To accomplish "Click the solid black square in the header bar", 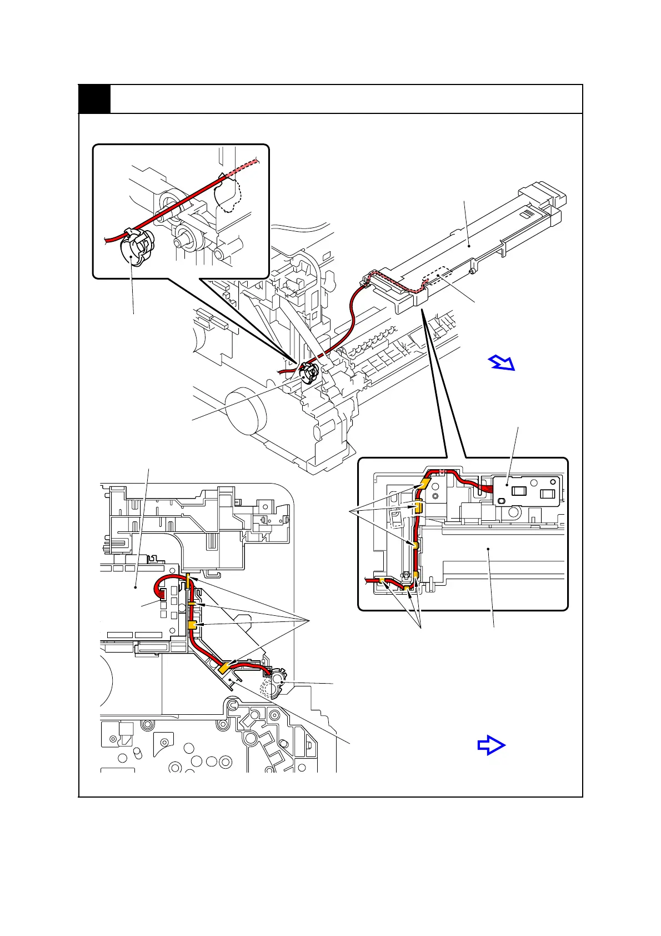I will (94, 99).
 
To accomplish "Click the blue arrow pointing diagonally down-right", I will (502, 363).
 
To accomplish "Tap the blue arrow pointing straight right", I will (492, 745).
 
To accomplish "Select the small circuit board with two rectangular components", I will (525, 492).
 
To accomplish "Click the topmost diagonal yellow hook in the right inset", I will (426, 482).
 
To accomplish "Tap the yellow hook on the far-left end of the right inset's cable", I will (382, 580).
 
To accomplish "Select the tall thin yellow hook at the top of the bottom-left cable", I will (188, 582).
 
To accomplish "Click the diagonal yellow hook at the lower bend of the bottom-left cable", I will (226, 668).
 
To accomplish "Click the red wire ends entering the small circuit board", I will (487, 489).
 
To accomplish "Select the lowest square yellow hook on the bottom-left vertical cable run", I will (192, 626).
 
